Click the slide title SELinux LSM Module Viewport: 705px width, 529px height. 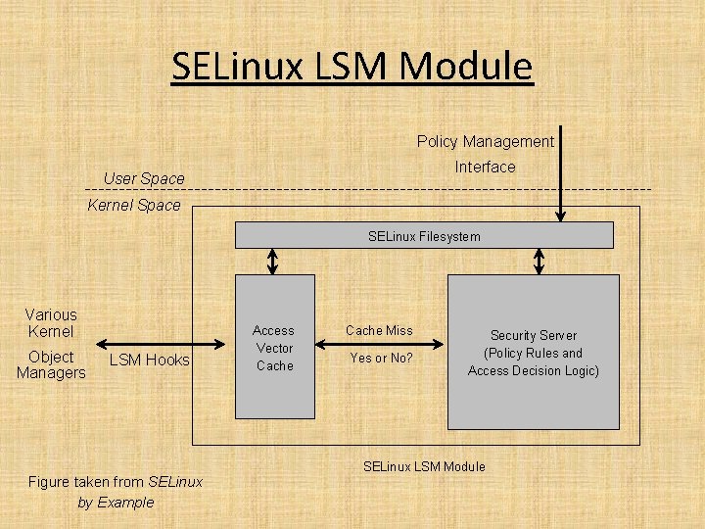[352, 67]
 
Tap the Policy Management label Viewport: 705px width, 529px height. [485, 141]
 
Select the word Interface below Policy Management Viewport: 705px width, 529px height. [485, 167]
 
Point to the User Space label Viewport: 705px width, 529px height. [144, 178]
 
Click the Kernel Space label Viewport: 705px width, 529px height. [134, 205]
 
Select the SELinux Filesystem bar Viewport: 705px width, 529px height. [424, 235]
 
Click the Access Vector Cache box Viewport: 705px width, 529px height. [275, 349]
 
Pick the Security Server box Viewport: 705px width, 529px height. [534, 353]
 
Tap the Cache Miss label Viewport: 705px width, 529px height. [379, 331]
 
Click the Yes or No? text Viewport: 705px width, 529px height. [381, 358]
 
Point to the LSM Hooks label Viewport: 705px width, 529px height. [150, 360]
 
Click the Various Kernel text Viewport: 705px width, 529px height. [51, 323]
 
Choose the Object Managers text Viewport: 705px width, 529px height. [51, 364]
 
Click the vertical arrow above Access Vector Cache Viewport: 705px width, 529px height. [274, 262]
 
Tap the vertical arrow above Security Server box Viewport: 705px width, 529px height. [539, 262]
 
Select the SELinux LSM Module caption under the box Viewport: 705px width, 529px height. [424, 466]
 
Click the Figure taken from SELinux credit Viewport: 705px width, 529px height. [116, 481]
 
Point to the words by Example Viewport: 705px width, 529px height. [116, 502]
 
